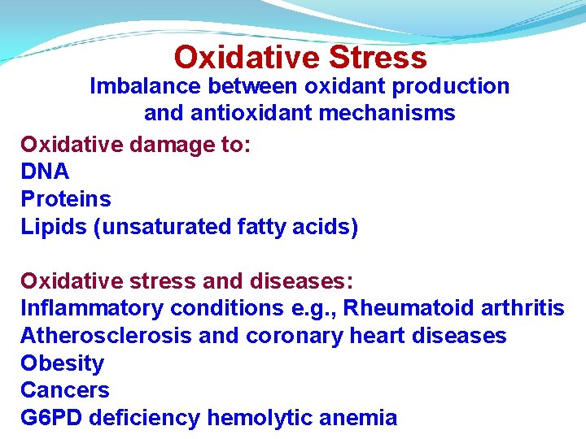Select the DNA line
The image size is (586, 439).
point(45,172)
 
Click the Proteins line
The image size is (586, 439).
point(66,199)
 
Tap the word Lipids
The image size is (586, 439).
point(54,227)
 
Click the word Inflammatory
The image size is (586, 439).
point(91,309)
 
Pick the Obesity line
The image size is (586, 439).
point(63,363)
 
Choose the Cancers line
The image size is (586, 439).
point(65,391)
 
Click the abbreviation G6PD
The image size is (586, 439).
point(51,419)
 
